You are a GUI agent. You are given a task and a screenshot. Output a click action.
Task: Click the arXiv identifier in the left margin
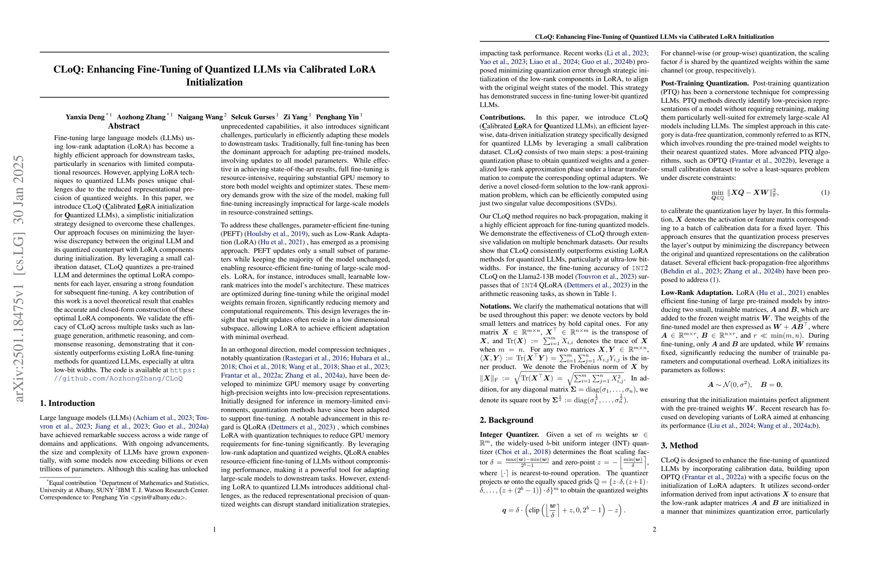(x=18, y=279)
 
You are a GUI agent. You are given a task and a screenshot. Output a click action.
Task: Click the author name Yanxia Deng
(x=85, y=117)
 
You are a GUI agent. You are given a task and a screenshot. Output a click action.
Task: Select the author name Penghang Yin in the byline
(x=337, y=117)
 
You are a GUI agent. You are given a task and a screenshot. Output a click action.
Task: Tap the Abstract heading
(x=124, y=126)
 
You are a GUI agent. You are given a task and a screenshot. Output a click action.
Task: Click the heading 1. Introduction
(x=67, y=403)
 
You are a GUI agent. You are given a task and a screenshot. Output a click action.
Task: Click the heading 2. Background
(x=506, y=420)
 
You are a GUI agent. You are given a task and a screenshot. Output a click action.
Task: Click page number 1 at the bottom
(x=215, y=529)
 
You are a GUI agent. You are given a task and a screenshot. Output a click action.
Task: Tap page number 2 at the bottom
(x=655, y=529)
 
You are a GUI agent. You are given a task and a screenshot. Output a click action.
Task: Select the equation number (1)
(x=822, y=193)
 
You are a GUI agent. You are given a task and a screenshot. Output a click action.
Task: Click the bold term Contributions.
(x=502, y=117)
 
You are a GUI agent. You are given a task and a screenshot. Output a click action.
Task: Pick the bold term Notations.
(x=495, y=306)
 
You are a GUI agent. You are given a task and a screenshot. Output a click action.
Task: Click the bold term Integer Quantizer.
(x=509, y=435)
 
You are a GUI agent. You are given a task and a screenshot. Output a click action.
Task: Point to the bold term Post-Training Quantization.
(x=705, y=83)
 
